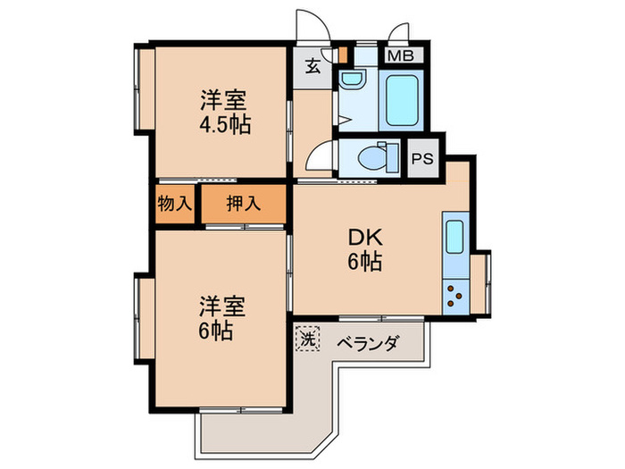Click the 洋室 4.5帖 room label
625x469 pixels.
[x=222, y=112]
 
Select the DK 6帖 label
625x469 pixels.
[x=365, y=249]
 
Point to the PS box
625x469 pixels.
[x=421, y=161]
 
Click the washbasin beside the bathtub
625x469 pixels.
[x=351, y=82]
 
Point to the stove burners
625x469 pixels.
[x=454, y=293]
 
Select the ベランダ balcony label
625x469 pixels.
[x=366, y=342]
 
